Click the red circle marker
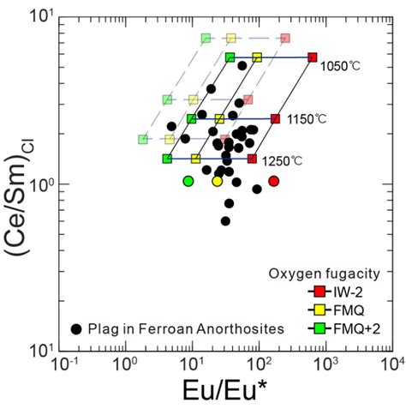point(274,181)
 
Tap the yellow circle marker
point(217,181)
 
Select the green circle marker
point(188,181)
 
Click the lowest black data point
point(225,221)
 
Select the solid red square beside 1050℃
point(312,57)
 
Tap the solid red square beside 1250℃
point(252,159)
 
